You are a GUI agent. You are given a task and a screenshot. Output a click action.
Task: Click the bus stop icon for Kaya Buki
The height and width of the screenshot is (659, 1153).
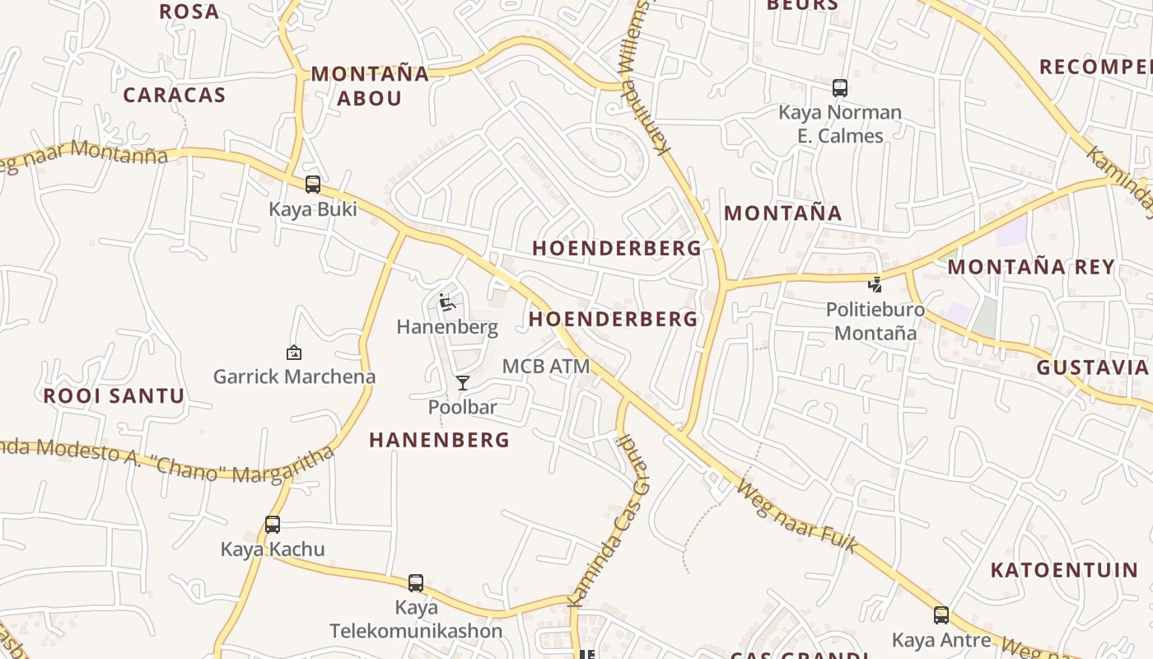[313, 184]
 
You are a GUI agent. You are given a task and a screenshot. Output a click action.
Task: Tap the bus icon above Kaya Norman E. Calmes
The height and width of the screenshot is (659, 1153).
[840, 87]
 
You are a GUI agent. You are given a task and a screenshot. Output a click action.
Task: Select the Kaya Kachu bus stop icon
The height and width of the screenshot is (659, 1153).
[273, 524]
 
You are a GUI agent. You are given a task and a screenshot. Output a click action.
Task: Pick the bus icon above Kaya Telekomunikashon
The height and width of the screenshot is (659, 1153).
[416, 582]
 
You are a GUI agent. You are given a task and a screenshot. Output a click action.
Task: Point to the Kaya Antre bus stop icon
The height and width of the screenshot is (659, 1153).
[941, 615]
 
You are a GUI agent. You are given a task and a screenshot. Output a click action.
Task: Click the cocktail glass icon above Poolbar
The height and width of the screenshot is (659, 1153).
[463, 382]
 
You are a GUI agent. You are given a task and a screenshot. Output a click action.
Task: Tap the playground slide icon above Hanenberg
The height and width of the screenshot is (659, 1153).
[447, 302]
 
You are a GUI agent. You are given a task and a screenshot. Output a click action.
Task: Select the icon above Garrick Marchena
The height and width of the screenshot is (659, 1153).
[294, 353]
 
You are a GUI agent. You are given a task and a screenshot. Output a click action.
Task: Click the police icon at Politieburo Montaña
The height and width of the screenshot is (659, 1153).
[875, 285]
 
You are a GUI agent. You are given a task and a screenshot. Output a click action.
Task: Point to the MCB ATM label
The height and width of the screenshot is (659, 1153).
[546, 366]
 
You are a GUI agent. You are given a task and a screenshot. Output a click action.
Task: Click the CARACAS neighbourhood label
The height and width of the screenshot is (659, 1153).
[175, 95]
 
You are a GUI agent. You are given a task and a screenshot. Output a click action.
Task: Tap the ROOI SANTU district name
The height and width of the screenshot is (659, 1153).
[114, 395]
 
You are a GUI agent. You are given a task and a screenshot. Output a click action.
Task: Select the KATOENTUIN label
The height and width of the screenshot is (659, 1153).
[1064, 569]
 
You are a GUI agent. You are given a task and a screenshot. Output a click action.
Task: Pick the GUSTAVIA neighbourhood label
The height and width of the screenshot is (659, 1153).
[1092, 367]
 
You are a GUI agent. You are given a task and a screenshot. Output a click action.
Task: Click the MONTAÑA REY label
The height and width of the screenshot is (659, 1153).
[1031, 267]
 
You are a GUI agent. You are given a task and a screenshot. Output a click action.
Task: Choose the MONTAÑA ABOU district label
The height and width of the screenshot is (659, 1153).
[370, 86]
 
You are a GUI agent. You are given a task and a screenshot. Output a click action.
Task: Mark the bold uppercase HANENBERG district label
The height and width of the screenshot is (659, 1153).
[440, 440]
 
